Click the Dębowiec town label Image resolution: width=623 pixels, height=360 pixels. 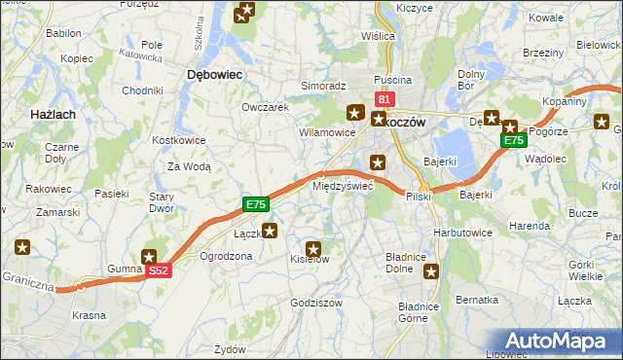click(x=214, y=74)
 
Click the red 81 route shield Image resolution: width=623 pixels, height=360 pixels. click(x=384, y=99)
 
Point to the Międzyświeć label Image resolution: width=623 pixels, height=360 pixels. click(x=342, y=185)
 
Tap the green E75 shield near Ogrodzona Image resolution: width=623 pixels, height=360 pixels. click(x=255, y=204)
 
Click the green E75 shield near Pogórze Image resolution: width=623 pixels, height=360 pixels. click(x=513, y=141)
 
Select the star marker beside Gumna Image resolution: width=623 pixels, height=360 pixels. click(x=150, y=256)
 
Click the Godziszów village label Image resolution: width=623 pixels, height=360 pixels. click(x=316, y=304)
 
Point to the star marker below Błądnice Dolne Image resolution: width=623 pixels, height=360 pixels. click(x=431, y=272)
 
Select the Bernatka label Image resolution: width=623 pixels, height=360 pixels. click(x=477, y=300)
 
